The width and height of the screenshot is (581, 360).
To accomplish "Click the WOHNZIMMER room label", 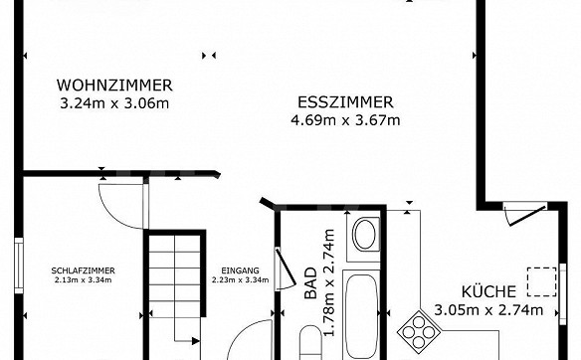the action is (114, 86).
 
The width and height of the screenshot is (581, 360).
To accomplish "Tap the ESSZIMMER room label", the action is (345, 102).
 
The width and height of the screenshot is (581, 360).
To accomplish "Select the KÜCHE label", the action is (488, 291).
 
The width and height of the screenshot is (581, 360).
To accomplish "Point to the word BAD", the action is (310, 283).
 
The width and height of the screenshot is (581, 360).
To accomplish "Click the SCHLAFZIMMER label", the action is (83, 270).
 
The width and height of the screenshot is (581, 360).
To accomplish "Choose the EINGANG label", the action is (240, 270).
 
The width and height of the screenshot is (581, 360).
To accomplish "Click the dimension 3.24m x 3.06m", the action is (114, 103).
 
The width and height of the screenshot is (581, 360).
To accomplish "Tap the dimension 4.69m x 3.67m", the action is (345, 120).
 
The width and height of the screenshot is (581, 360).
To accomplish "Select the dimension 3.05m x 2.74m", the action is (488, 309).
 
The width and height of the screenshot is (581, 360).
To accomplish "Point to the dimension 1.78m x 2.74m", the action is (329, 282).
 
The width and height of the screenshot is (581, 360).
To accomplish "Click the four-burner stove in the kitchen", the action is (419, 332).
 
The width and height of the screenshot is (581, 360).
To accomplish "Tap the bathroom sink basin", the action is (365, 235).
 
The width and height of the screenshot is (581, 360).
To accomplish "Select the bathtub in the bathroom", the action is (362, 315).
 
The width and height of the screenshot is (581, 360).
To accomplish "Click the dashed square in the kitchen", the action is (542, 281).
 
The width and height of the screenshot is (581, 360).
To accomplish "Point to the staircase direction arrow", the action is (188, 341).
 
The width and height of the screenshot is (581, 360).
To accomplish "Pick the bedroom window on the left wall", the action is (19, 266).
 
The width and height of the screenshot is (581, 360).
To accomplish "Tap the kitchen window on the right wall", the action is (563, 293).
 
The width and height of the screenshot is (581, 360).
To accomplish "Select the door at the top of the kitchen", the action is (525, 214).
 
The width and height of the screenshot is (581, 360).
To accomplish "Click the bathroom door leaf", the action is (286, 268).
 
